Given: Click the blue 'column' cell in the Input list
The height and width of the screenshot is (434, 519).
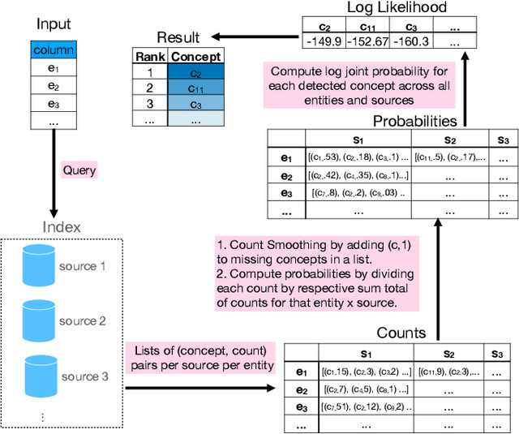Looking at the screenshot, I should coord(53,50).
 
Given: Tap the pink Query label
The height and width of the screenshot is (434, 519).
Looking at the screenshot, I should coord(79,170).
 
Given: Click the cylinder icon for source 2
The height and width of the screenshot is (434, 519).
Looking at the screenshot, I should coord(36,321).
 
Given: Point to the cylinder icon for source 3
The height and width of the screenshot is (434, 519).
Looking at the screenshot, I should coord(36,376).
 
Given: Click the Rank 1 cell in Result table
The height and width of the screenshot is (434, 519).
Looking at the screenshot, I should coord(148,72).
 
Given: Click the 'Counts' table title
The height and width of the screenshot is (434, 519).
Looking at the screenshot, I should coord(402,333).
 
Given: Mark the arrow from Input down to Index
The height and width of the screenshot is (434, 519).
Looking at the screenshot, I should coord(53,170).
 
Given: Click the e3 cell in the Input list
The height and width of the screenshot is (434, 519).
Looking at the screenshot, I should coord(53,103).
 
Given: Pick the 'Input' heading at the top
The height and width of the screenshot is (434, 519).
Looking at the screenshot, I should coord(54,24).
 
